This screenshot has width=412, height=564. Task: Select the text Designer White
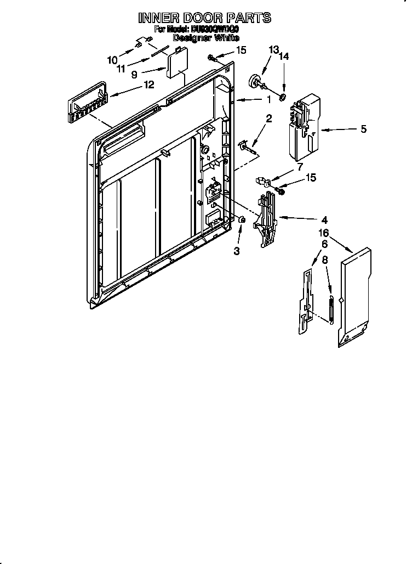click(x=205, y=38)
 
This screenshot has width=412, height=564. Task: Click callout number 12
click(x=148, y=84)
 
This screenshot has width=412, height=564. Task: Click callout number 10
click(x=112, y=60)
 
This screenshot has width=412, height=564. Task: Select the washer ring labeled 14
click(x=283, y=98)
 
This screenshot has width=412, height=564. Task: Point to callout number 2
click(x=269, y=119)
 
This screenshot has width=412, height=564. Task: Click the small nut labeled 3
click(x=241, y=220)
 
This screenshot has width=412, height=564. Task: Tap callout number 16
click(x=324, y=234)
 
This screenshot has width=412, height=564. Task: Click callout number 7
click(x=300, y=166)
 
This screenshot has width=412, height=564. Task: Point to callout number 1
click(x=268, y=99)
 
